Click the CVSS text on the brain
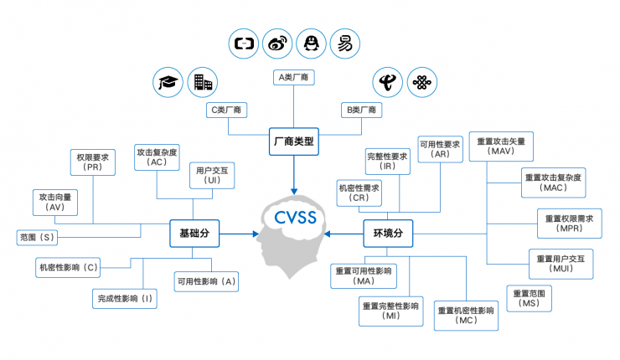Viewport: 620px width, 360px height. point(294,219)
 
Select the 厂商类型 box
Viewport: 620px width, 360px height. point(294,141)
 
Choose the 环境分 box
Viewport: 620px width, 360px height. point(388,234)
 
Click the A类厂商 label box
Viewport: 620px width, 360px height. point(294,78)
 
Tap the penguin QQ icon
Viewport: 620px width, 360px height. point(312,42)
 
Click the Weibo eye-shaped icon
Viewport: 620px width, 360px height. point(277,42)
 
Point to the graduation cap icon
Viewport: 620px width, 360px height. point(168,81)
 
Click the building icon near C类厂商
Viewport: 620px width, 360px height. point(202,81)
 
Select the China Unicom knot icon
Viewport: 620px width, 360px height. point(421,82)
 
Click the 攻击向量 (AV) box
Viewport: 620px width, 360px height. point(56,201)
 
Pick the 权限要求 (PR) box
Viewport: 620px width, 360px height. point(92,162)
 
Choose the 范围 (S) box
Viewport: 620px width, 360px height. point(37,238)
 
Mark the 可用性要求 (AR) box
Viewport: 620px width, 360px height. point(441,149)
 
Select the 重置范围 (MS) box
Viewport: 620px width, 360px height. point(529,299)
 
